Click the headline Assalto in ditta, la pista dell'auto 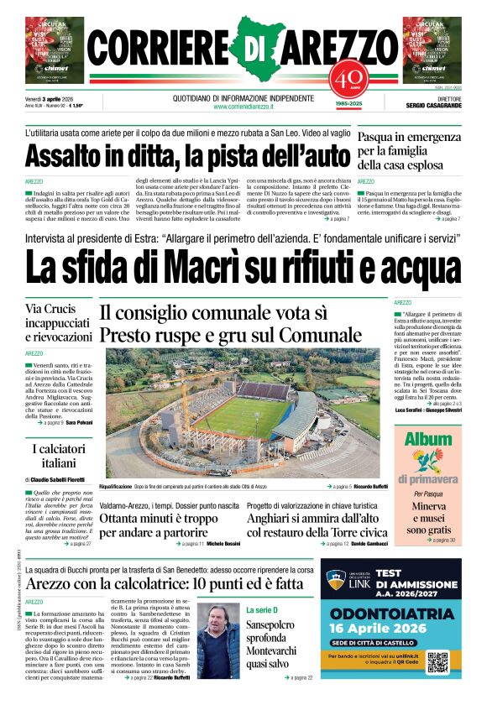tap(186, 156)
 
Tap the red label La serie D tap(266, 609)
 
